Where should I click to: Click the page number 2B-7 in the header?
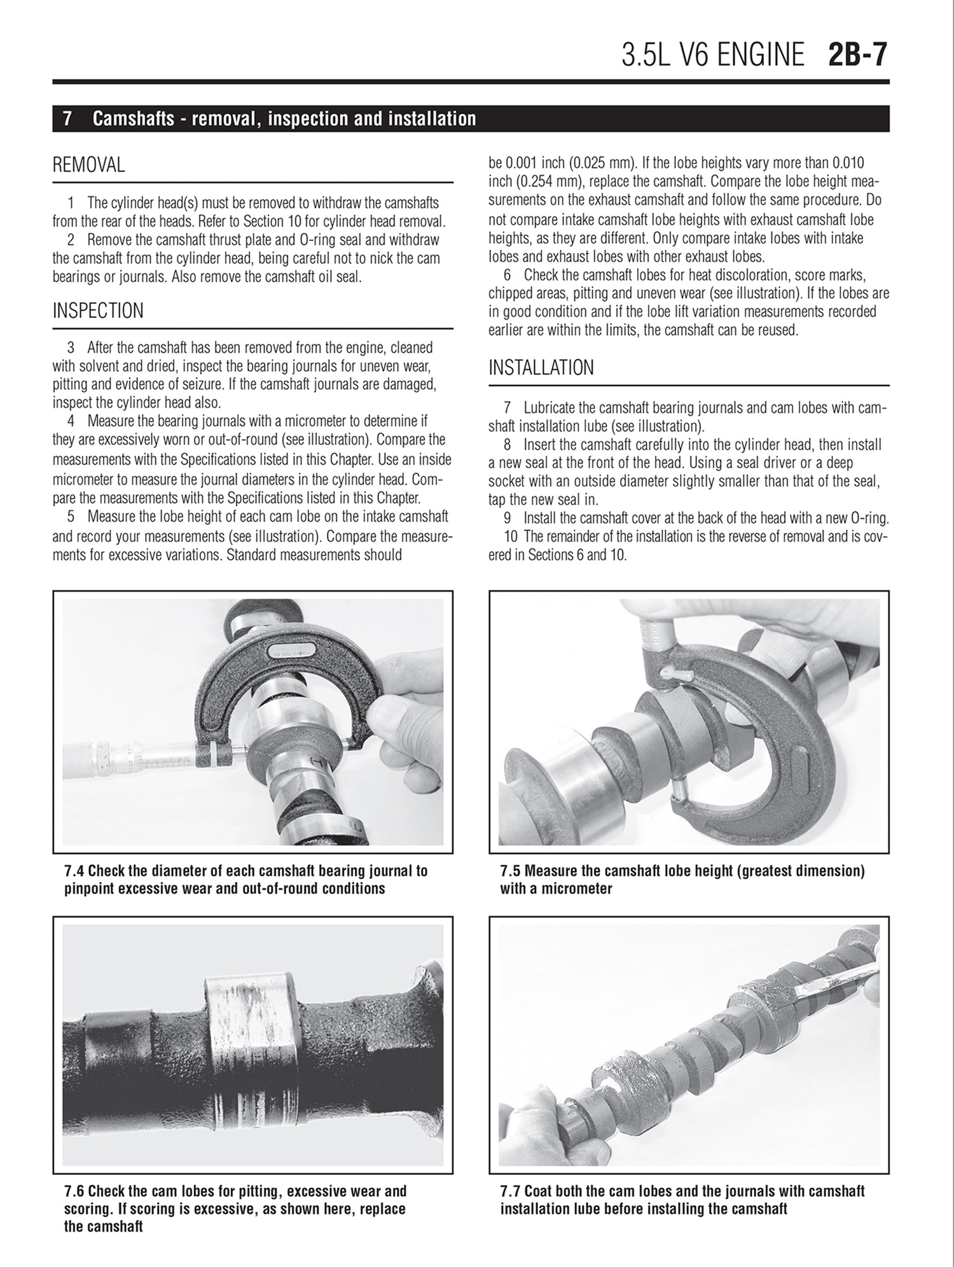(857, 55)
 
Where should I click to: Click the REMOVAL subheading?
(88, 165)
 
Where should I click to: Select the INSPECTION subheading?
(98, 311)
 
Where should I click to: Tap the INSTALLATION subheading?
(541, 368)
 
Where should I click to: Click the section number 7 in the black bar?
(67, 119)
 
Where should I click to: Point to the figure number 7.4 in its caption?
(75, 871)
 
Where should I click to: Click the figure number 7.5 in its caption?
(511, 871)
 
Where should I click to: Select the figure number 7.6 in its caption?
(75, 1191)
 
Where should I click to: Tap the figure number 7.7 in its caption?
(511, 1191)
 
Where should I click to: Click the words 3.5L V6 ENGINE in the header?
(712, 55)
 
